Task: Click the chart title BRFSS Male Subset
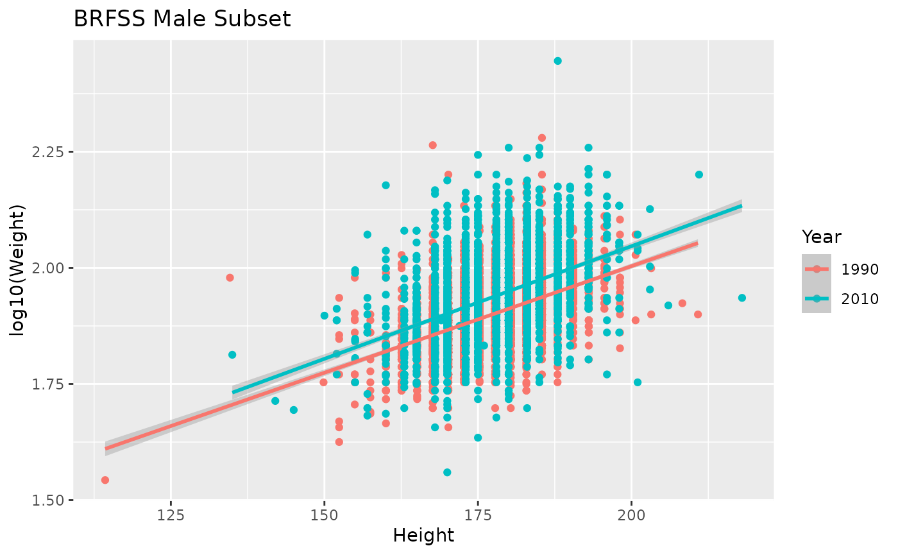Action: [182, 19]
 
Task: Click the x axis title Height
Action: [423, 535]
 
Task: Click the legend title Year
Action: [821, 237]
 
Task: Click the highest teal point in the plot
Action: [557, 61]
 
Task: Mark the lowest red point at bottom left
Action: [105, 480]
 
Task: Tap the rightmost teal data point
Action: [742, 298]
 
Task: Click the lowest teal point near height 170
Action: [447, 472]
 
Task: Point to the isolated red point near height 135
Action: [230, 278]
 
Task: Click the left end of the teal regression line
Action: [233, 392]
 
